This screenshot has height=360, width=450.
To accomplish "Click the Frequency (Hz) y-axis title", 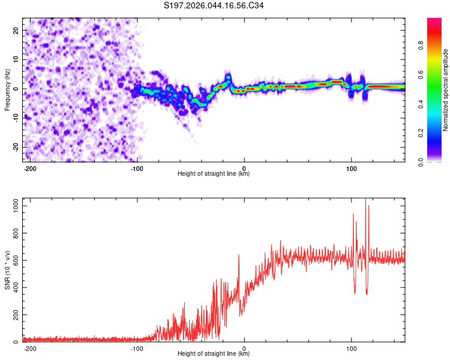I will coord(7,89).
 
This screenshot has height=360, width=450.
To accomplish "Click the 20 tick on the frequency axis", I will coord(16,30).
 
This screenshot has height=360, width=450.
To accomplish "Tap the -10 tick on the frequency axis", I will coord(15,118).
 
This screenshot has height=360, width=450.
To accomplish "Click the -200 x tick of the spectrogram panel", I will coord(30,167).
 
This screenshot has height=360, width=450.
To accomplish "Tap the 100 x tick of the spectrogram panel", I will coord(351,167).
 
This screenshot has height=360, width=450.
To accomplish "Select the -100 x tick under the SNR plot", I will coord(137,348).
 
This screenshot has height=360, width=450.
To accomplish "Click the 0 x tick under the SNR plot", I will coord(244,348).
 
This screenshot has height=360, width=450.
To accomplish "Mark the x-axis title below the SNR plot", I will coord(214,354).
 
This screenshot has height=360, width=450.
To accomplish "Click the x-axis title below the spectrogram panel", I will coord(214,173).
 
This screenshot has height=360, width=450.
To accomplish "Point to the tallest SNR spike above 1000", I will coord(365,200).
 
